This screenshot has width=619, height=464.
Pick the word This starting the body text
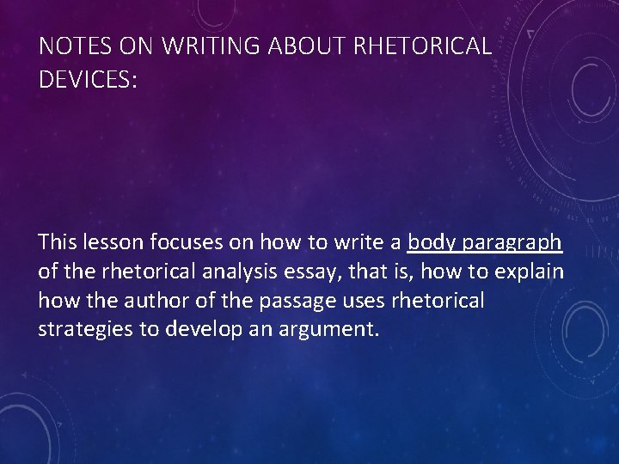[x=58, y=243]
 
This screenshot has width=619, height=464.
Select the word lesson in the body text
[x=116, y=243]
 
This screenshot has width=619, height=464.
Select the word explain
[x=532, y=272]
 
